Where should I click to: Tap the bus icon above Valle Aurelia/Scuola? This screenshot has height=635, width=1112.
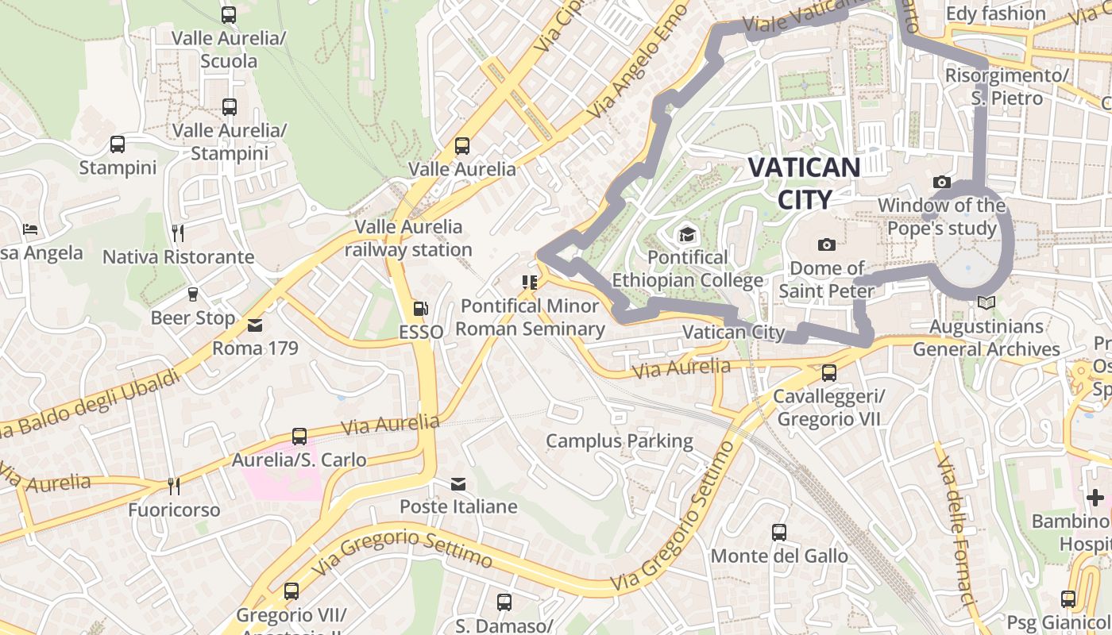click(229, 14)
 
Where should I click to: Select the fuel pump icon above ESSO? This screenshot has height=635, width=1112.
click(421, 308)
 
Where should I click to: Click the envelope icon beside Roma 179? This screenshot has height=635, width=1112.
click(255, 325)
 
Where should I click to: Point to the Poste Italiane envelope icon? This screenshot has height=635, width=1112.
click(458, 483)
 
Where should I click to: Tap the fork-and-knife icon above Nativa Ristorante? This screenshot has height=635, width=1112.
click(178, 233)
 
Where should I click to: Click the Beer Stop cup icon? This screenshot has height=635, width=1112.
click(192, 294)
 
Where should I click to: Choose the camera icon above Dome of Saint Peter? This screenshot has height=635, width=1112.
click(827, 244)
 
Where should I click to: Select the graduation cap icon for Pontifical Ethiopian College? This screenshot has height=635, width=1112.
click(686, 234)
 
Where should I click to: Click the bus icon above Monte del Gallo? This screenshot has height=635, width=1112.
click(779, 533)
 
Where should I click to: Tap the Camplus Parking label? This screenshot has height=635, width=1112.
click(620, 441)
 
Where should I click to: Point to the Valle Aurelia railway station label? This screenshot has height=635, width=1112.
click(408, 238)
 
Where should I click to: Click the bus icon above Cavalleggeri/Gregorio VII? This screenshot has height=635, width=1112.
click(829, 372)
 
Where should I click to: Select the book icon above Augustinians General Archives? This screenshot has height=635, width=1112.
click(986, 302)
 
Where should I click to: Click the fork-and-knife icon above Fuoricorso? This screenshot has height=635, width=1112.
click(173, 486)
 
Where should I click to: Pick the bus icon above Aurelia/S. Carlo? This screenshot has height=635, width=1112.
click(299, 436)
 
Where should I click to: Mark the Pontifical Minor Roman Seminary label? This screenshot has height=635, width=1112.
click(530, 317)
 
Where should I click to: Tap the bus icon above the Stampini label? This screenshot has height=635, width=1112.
click(118, 144)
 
